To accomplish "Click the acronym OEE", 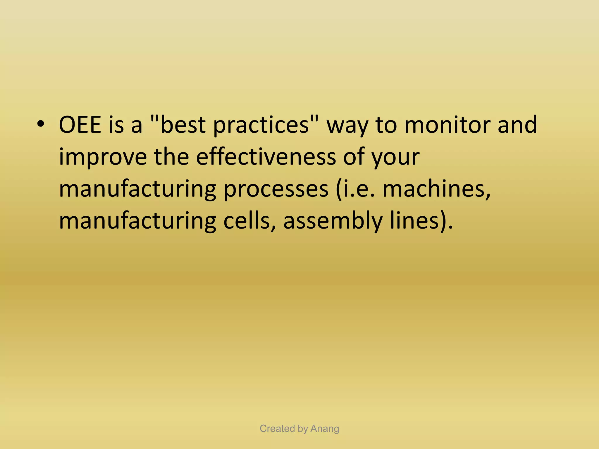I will pos(80,125).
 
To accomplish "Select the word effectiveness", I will pos(266,157).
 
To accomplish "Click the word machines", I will pos(436,189).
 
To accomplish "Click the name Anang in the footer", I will pos(325,429).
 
